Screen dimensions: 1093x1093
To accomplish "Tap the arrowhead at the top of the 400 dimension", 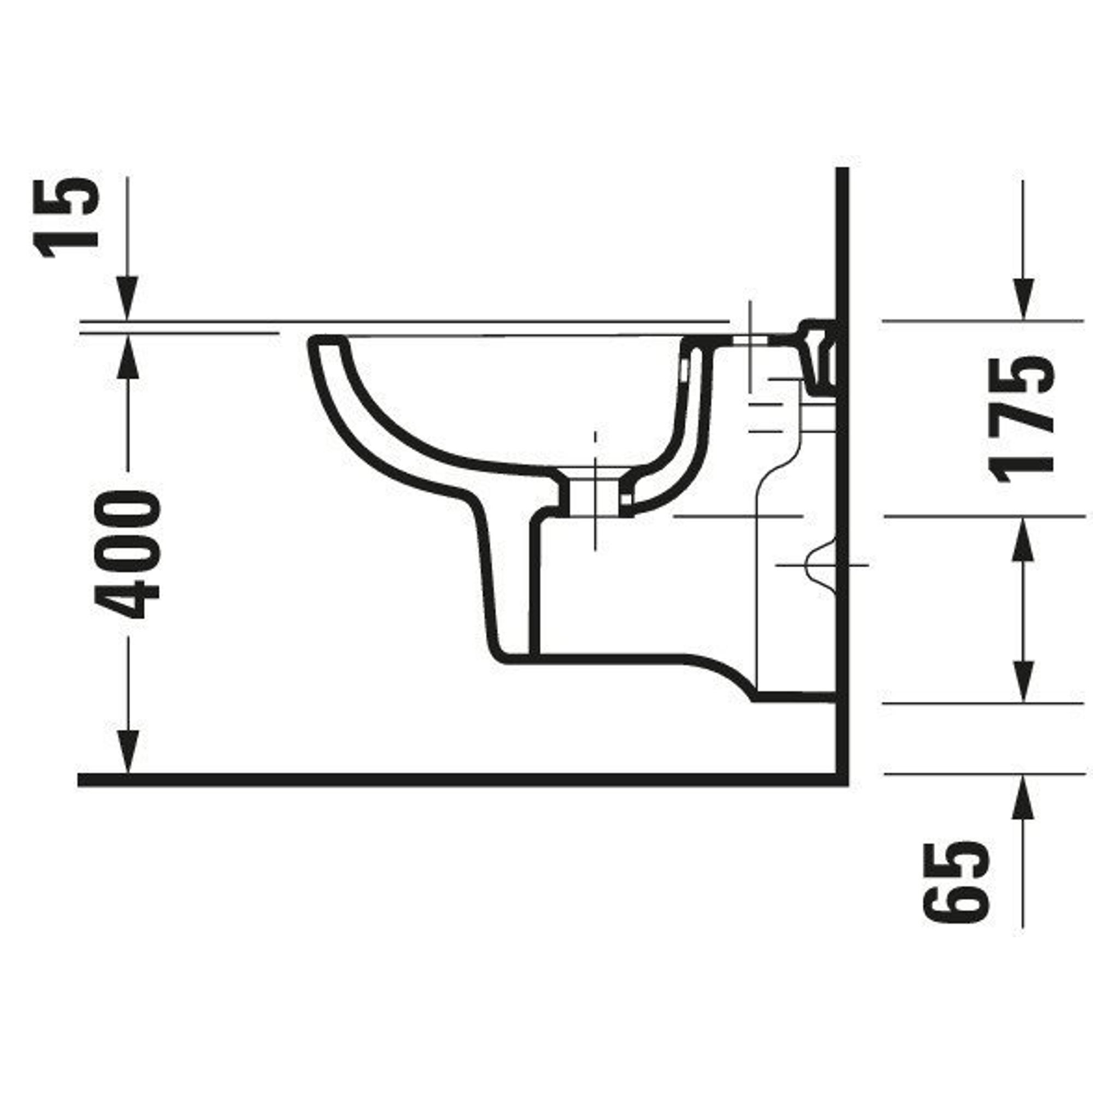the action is [127, 356].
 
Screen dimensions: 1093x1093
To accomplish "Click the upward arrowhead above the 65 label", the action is [1023, 797].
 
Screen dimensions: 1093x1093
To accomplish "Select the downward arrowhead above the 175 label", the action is [1023, 298].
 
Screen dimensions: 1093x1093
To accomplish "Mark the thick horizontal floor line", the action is [463, 780].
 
